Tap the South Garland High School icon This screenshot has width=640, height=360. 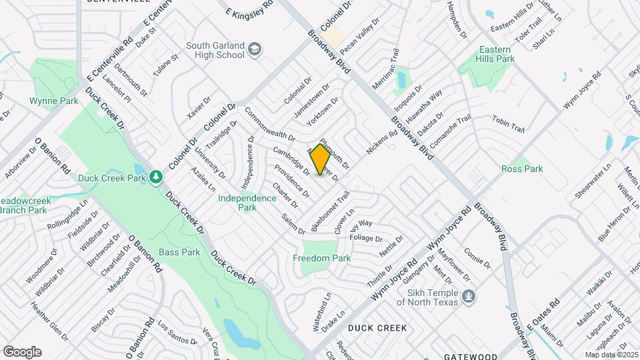click(x=254, y=49)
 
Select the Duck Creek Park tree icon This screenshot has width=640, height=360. click(x=155, y=177)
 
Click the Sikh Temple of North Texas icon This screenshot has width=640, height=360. click(x=469, y=296)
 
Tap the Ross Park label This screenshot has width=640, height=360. click(x=522, y=169)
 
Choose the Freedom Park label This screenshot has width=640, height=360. click(x=322, y=258)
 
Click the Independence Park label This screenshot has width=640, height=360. click(x=247, y=203)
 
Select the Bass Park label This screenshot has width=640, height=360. click(x=179, y=253)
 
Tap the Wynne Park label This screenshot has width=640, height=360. click(x=45, y=101)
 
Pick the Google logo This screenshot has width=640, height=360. click(x=22, y=352)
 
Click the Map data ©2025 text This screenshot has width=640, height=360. click(x=611, y=355)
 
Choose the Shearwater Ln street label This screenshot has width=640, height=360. click(x=592, y=183)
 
